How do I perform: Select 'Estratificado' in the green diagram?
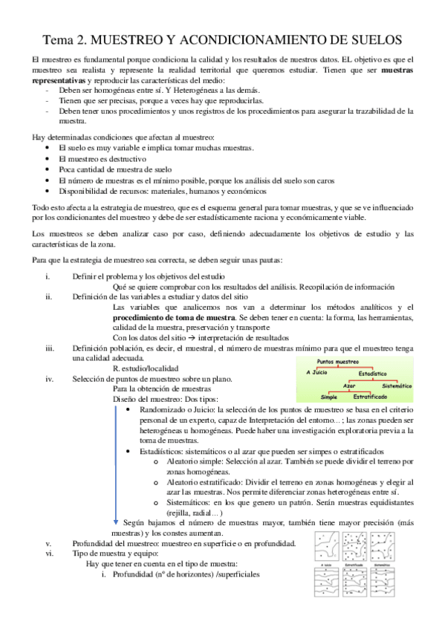pyautogui.click(x=369, y=398)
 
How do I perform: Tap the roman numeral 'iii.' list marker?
pyautogui.click(x=49, y=348)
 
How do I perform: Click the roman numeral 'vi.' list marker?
pyautogui.click(x=49, y=553)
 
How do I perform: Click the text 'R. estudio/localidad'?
pyautogui.click(x=145, y=367)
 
